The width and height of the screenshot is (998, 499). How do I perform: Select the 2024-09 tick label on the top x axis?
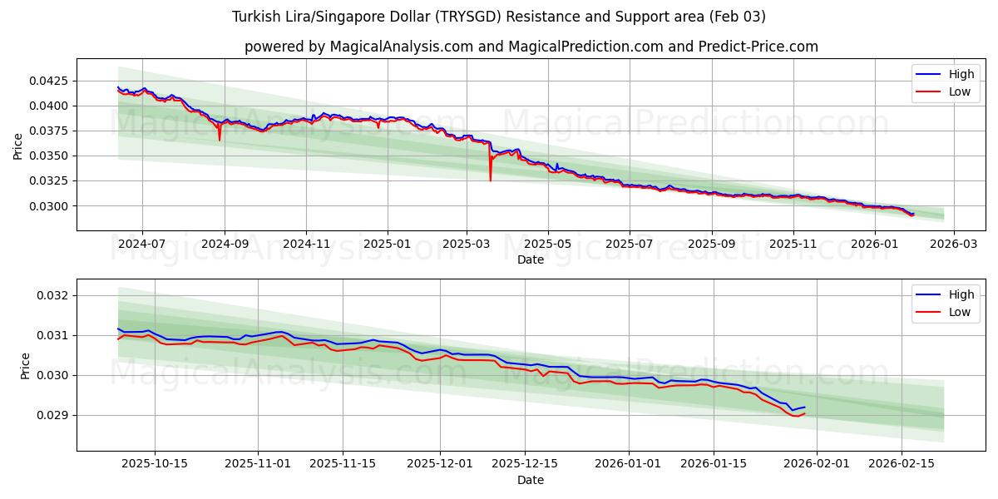click(224, 244)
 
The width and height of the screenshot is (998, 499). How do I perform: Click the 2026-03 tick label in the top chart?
click(954, 244)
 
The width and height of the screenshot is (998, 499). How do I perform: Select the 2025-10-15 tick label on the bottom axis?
click(155, 463)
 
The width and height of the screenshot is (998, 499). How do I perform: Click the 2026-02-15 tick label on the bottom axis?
click(902, 463)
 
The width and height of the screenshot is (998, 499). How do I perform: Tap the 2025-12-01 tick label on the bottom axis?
click(441, 463)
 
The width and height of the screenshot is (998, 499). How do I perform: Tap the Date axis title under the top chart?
click(531, 259)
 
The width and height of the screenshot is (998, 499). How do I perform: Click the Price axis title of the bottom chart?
click(25, 366)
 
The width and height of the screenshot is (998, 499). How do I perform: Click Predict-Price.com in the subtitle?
click(757, 47)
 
